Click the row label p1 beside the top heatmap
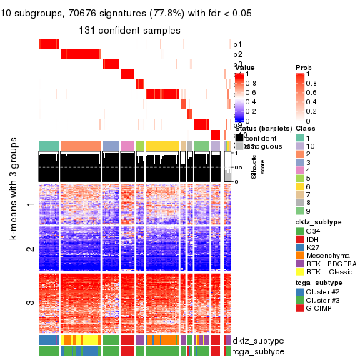[x=237, y=44]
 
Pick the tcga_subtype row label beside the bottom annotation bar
[x=253, y=351]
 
